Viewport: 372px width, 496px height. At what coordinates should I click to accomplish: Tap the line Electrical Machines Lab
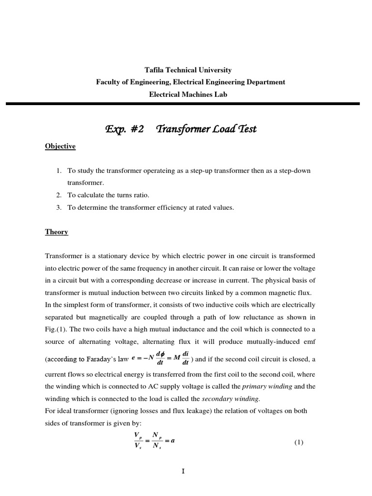[x=187, y=94]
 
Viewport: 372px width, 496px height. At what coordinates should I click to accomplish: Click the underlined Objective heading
[x=61, y=146]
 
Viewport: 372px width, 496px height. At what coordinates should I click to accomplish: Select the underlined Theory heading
[x=57, y=232]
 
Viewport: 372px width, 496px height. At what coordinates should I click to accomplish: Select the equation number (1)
[x=298, y=443]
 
